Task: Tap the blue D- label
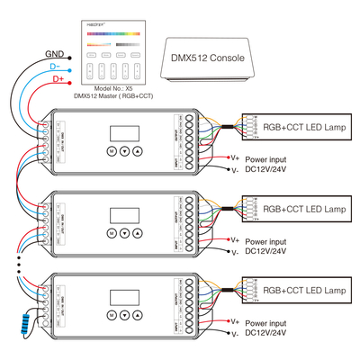53,67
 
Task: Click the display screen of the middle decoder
124,216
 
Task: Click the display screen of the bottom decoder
124,298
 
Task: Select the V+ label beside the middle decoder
234,239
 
